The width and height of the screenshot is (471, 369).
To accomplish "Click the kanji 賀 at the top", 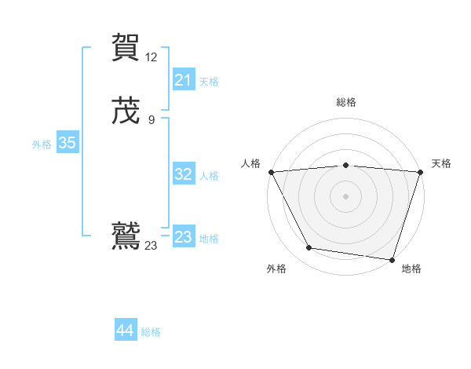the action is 126,47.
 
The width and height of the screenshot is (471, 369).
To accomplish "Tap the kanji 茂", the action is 126,111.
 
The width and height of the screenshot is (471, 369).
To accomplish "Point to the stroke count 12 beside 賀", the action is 152,57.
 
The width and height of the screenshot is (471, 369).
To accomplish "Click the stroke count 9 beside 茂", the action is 152,119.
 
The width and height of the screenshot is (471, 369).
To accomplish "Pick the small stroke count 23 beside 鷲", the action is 152,246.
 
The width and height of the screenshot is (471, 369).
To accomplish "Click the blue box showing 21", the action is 183,80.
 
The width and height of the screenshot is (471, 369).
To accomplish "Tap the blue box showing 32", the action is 183,174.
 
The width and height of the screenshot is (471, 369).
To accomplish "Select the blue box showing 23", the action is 183,237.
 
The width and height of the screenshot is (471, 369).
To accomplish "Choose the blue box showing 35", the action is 67,143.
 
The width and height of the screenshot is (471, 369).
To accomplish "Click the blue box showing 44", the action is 126,331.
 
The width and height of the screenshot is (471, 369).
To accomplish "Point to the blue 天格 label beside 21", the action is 209,82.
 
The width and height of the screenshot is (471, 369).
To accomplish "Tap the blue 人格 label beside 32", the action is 209,176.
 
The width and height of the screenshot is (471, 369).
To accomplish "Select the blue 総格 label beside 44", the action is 151,332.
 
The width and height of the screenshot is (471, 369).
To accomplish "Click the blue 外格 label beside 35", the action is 42,144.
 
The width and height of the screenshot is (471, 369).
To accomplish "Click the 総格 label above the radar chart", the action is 345,103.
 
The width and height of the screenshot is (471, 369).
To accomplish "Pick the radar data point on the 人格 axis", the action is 271,171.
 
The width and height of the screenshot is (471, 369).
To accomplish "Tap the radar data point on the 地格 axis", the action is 392,259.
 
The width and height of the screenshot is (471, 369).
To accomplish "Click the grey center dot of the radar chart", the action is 345,195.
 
